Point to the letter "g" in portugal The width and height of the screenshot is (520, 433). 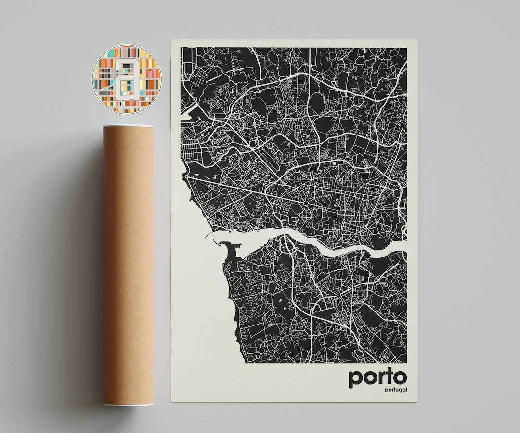pyautogui.click(x=394, y=391)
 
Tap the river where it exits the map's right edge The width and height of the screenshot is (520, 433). pyautogui.click(x=403, y=245)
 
